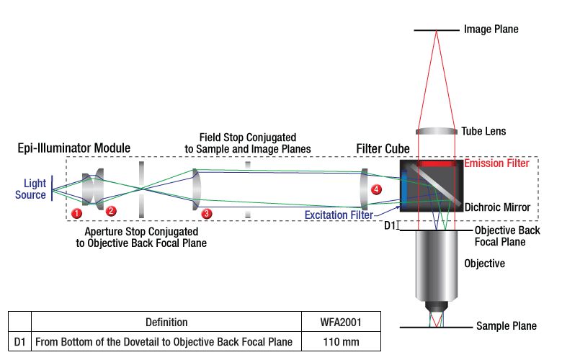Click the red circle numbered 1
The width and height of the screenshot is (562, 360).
tap(78, 212)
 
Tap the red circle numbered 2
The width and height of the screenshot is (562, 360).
tap(111, 211)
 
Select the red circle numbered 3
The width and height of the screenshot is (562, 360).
tap(207, 213)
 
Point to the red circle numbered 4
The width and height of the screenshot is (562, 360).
tap(375, 189)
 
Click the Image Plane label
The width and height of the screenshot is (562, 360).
tap(491, 30)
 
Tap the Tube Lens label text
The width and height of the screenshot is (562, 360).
tap(484, 131)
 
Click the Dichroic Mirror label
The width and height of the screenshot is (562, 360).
tap(498, 207)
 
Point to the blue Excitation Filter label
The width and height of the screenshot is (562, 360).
tap(339, 215)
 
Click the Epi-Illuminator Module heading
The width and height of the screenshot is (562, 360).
tap(74, 148)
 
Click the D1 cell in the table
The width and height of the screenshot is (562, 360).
tap(20, 341)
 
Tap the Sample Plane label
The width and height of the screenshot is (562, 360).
tap(507, 326)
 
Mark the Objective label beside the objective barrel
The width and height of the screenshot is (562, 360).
tap(485, 264)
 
